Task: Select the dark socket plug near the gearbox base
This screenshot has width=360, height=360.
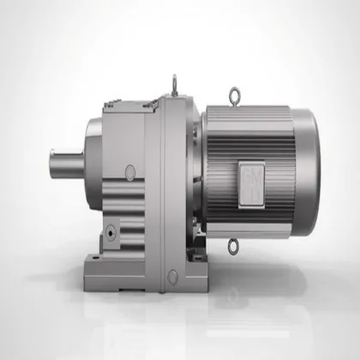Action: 111,233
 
